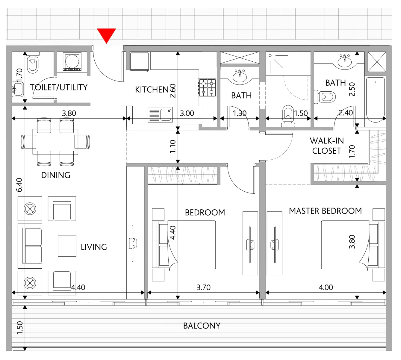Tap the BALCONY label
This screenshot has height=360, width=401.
click(x=202, y=326)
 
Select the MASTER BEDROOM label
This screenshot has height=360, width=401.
click(x=325, y=211)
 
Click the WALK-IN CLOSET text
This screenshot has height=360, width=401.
click(x=326, y=146)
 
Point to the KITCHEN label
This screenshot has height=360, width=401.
click(x=152, y=90)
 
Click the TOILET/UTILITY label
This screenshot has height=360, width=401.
click(x=59, y=87)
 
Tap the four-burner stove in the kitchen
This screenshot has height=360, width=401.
click(x=207, y=88)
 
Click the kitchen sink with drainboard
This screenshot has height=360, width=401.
click(x=160, y=115)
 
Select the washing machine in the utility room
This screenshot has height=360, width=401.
click(x=72, y=62)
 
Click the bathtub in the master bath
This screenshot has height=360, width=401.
click(x=376, y=100)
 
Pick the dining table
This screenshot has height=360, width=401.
click(x=55, y=142)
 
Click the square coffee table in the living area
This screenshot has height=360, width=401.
click(x=67, y=246)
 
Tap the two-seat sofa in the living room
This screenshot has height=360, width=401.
click(x=30, y=246)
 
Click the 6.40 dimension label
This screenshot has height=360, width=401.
click(x=19, y=185)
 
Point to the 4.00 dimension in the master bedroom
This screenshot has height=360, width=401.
click(x=326, y=287)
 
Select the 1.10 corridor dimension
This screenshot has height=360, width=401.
click(x=173, y=146)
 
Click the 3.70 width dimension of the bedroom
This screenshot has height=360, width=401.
click(x=203, y=287)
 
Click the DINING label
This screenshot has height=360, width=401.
click(x=56, y=175)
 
